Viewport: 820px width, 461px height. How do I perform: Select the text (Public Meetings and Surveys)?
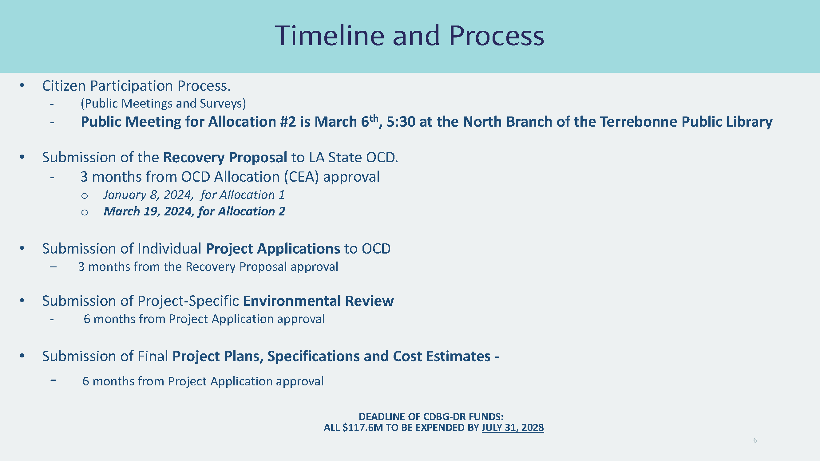pos(163,103)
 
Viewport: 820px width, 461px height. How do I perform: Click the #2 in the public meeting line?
pos(288,121)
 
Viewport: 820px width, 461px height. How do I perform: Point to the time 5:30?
pos(401,121)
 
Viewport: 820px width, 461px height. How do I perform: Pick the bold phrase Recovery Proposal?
pos(225,157)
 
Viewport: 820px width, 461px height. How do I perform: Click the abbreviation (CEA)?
pos(301,177)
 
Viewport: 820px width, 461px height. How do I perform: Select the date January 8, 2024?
pos(148,195)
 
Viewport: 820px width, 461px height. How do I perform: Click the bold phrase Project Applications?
pos(273,249)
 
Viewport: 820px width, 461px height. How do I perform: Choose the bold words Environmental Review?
pos(318,301)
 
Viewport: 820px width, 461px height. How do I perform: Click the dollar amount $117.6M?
pos(363,427)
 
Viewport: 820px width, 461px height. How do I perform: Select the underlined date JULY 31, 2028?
pos(513,427)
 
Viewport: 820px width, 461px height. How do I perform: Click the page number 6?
pos(755,440)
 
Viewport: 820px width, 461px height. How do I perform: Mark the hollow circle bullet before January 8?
pos(84,196)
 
